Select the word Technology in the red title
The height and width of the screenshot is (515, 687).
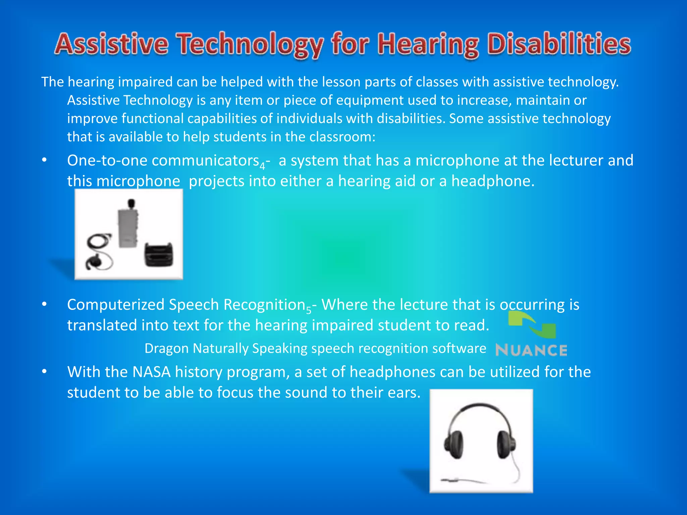[x=250, y=45]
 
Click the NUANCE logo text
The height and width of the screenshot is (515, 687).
[x=531, y=350]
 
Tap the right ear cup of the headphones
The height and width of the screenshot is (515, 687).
[x=506, y=444]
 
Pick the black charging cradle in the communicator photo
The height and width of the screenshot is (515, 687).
[x=159, y=255]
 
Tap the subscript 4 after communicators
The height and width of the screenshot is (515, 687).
[x=262, y=166]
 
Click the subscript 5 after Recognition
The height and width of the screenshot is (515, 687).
[x=309, y=310]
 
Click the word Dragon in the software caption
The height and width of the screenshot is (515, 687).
[x=166, y=348]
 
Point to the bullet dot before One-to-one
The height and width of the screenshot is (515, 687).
[x=44, y=160]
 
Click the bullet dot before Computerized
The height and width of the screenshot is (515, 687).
[x=44, y=304]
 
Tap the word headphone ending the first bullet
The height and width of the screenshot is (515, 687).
[x=492, y=181]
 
